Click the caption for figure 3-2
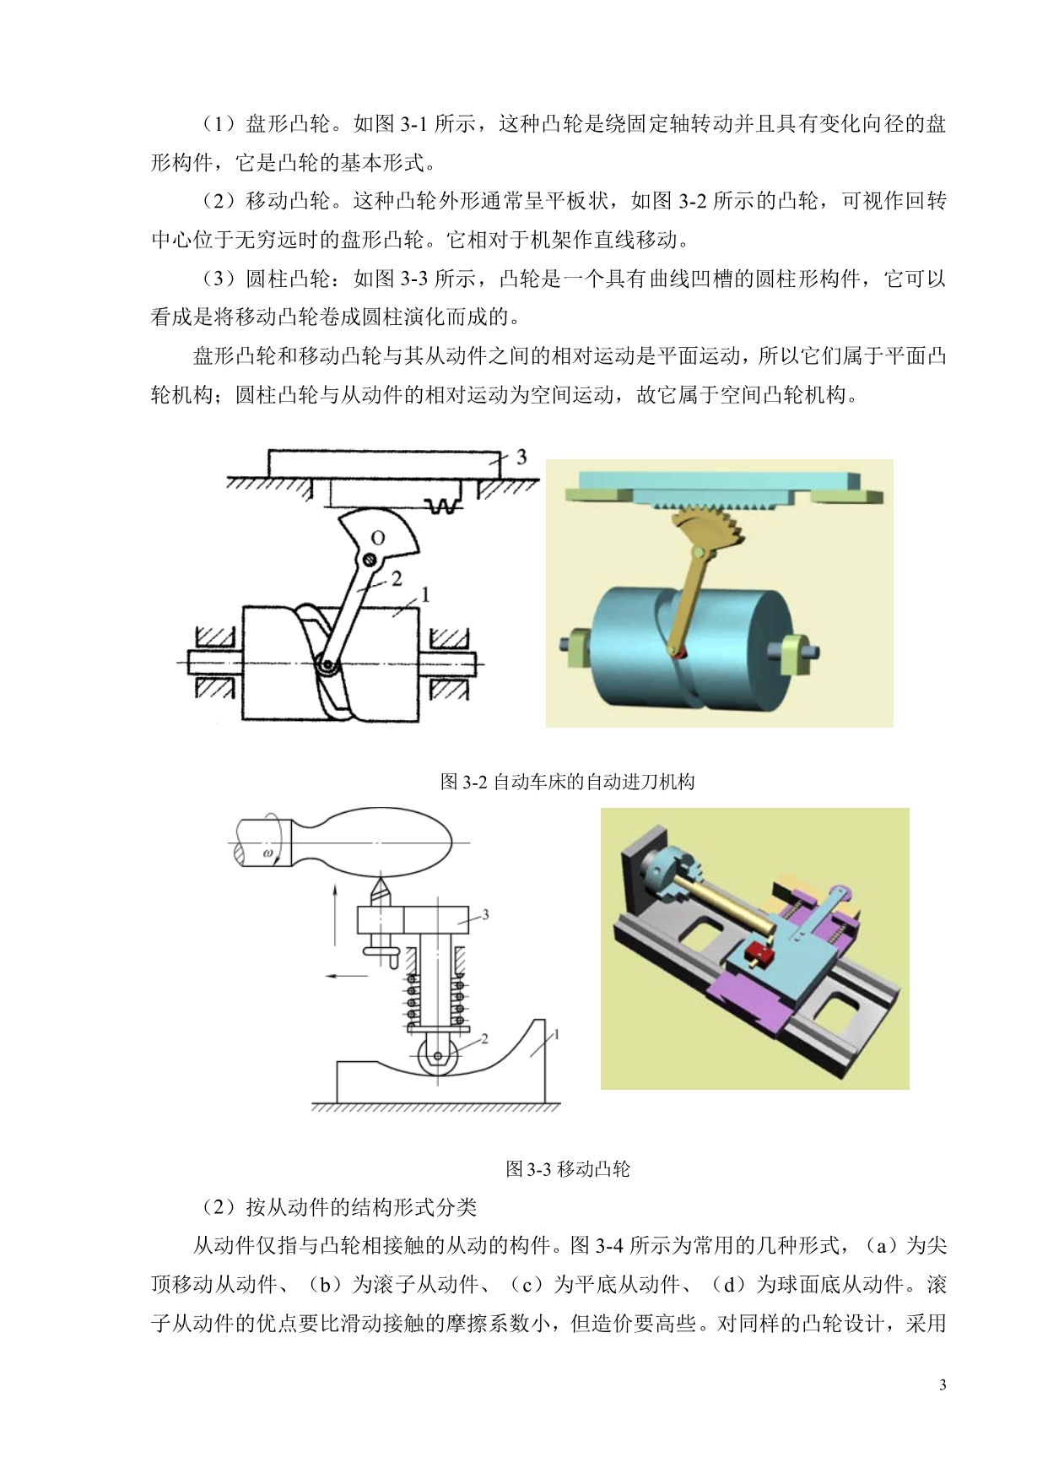click(x=568, y=782)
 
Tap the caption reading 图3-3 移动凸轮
click(x=568, y=1169)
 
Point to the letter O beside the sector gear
click(x=378, y=538)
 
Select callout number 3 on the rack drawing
click(x=521, y=457)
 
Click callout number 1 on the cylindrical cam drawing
click(x=425, y=595)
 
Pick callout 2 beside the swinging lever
click(x=397, y=579)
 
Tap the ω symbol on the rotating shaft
click(x=268, y=853)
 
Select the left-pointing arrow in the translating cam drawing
click(x=347, y=976)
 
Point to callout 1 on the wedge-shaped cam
click(x=556, y=1035)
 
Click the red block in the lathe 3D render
click(x=759, y=956)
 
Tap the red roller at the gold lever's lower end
click(x=675, y=651)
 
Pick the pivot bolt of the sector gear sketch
click(x=369, y=559)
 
